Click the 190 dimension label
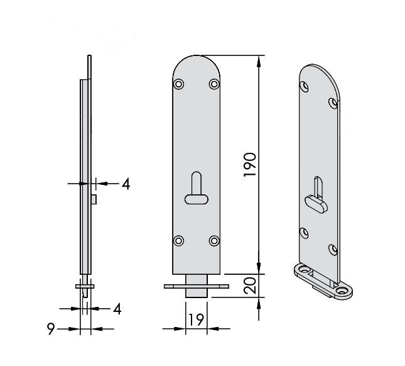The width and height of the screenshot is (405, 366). [250, 165]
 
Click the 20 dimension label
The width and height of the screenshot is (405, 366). [250, 286]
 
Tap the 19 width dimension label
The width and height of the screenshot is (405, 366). [197, 319]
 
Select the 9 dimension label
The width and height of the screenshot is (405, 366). [51, 329]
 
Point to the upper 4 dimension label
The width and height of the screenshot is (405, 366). [126, 184]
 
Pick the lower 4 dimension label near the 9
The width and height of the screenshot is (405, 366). [117, 309]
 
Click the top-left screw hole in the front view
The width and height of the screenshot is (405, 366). [178, 84]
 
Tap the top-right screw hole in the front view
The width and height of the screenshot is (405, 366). [214, 84]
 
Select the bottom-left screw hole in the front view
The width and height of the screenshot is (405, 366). [178, 241]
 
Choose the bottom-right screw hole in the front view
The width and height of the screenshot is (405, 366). [214, 241]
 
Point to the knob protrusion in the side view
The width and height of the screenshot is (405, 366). [94, 199]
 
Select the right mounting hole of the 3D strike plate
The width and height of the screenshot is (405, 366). [343, 291]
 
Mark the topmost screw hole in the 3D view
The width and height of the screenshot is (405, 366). [305, 86]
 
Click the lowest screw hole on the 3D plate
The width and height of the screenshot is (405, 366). [333, 250]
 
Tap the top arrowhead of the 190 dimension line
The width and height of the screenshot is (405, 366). [259, 61]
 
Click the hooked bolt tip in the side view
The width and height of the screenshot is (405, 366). [85, 293]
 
